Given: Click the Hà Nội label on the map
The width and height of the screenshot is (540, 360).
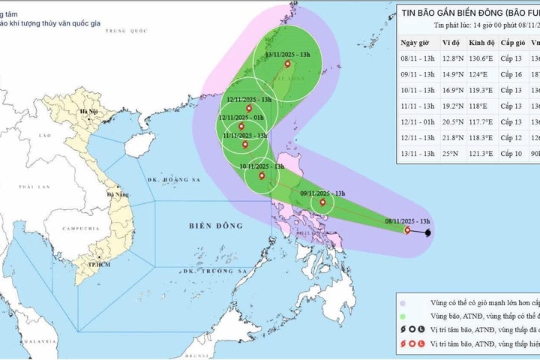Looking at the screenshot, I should coord(89,112).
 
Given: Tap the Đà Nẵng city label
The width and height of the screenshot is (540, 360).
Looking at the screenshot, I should coord(118,193).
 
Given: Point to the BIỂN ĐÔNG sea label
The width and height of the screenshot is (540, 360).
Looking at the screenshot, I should coord(211,224).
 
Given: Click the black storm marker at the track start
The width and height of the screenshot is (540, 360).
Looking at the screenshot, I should coord(428,233).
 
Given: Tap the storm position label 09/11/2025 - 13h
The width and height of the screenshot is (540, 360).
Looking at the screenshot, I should coord(321,193).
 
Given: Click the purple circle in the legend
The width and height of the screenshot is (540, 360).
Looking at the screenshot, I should coord(403,301).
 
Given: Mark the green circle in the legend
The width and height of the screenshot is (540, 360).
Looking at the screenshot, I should coord(403,316).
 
